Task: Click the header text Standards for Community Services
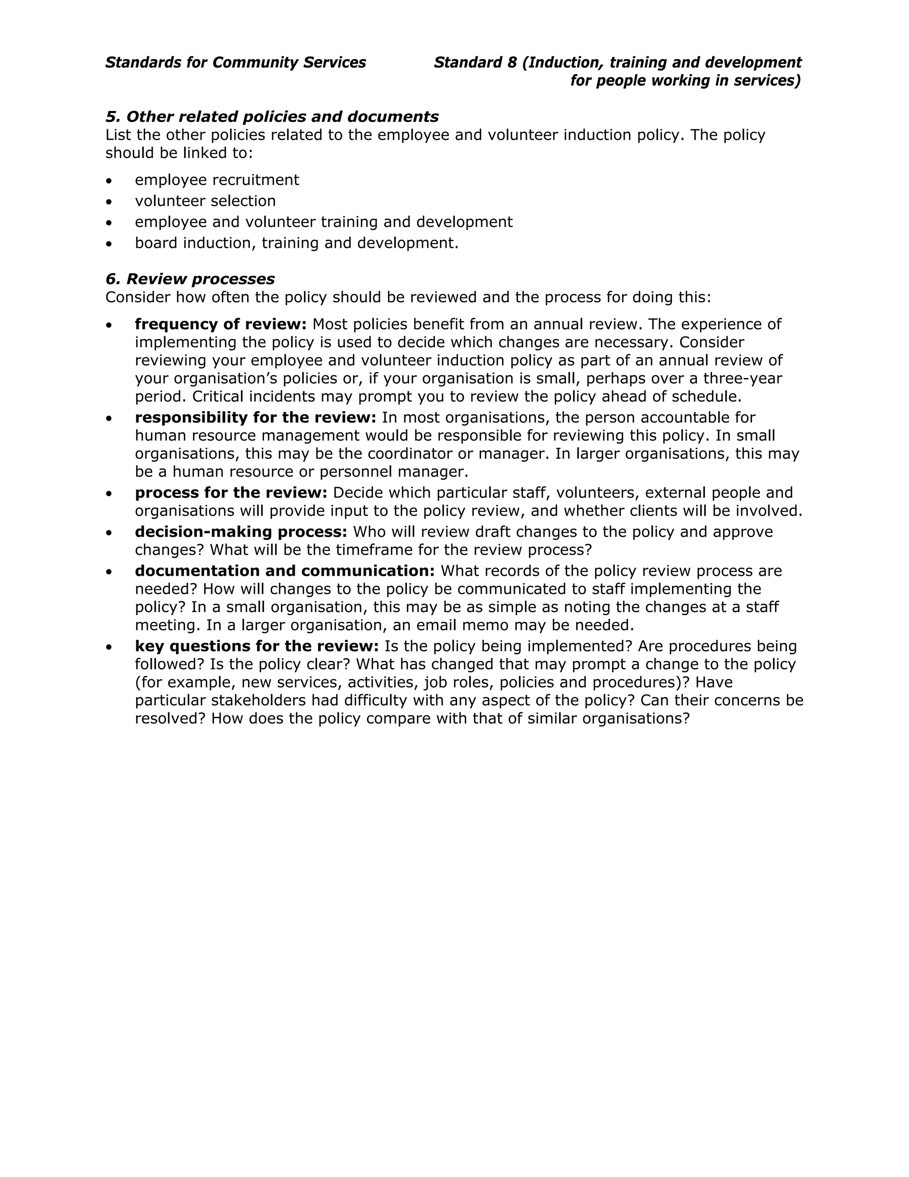(x=235, y=63)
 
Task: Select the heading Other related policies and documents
(x=272, y=117)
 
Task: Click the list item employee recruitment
(x=217, y=180)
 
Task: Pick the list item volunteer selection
(x=205, y=201)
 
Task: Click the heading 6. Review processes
(x=190, y=279)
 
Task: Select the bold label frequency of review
(x=220, y=324)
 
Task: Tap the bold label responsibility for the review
(x=255, y=418)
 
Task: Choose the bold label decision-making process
(x=241, y=532)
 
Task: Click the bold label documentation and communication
(x=285, y=571)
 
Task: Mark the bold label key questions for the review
(x=257, y=646)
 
